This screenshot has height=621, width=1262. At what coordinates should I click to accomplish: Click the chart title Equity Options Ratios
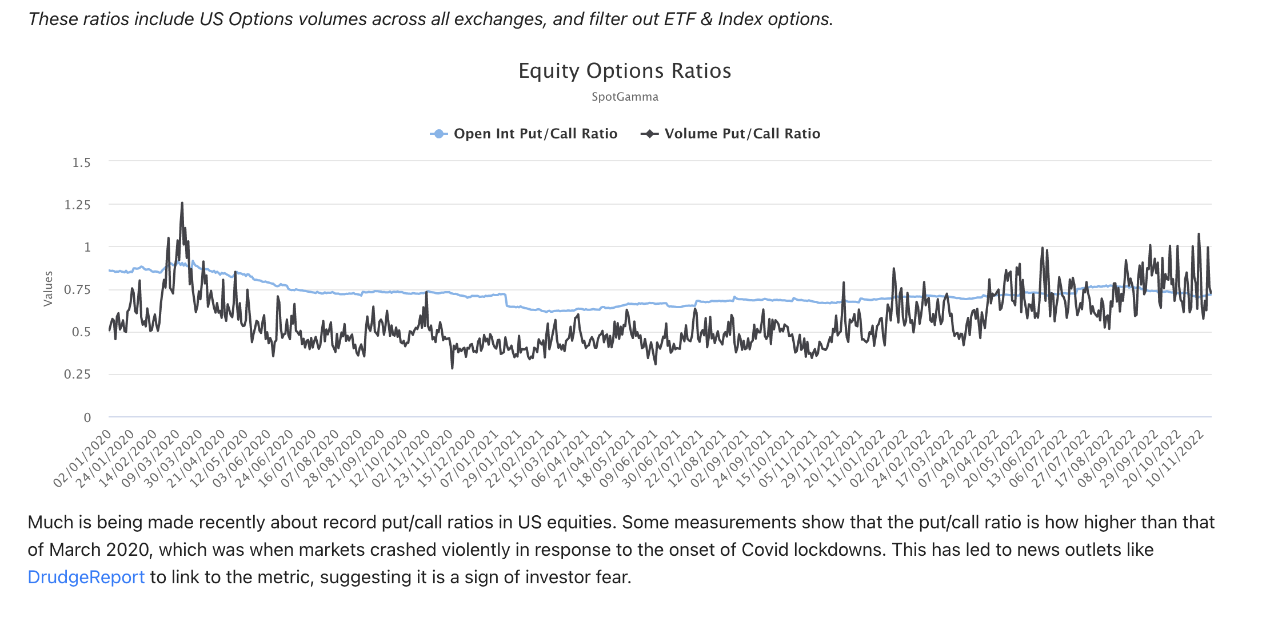tap(625, 71)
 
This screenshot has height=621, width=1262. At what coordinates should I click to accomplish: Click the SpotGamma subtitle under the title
tap(625, 97)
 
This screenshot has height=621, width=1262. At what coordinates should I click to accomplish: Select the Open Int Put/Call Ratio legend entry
tap(535, 134)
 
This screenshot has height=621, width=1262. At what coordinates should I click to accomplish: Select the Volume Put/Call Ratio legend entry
tap(742, 134)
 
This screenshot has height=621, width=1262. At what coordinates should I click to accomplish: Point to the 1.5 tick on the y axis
tap(81, 163)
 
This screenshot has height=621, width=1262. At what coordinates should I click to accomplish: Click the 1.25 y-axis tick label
tap(77, 205)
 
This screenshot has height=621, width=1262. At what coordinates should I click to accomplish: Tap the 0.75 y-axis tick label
tap(77, 290)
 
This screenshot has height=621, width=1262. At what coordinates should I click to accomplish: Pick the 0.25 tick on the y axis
tap(77, 375)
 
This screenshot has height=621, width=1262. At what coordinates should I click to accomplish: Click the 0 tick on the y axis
tap(87, 417)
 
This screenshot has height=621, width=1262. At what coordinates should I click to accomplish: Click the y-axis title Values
tap(48, 289)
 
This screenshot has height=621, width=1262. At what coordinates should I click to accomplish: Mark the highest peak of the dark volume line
tap(182, 203)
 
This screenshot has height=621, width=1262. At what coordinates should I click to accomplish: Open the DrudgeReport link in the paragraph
tap(86, 577)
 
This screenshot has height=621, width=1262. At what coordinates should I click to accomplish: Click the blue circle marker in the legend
tap(438, 134)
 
